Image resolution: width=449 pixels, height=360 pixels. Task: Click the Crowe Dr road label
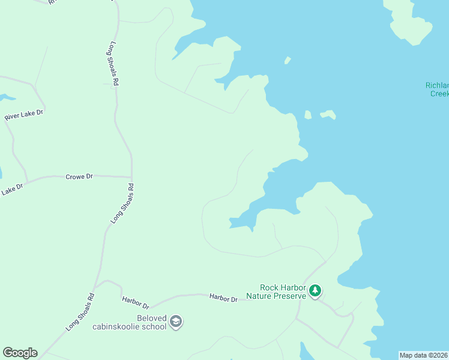click(x=81, y=176)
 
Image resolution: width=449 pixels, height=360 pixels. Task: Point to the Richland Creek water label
click(x=437, y=89)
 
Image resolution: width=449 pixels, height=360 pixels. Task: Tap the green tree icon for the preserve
click(x=315, y=292)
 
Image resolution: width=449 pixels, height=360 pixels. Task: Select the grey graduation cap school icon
click(x=176, y=322)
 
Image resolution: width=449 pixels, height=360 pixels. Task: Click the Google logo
click(x=20, y=353)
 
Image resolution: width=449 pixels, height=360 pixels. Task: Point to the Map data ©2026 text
click(x=424, y=355)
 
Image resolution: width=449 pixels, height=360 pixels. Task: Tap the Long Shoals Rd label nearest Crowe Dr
click(x=122, y=204)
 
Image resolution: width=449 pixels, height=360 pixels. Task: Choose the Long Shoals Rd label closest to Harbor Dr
click(x=80, y=311)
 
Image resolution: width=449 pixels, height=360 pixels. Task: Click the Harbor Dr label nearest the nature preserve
click(x=223, y=298)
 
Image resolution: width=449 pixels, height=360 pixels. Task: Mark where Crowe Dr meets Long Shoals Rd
click(x=131, y=178)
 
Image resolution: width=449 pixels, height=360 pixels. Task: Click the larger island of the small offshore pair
click(x=328, y=114)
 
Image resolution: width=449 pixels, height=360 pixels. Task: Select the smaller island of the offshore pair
click(x=308, y=115)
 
